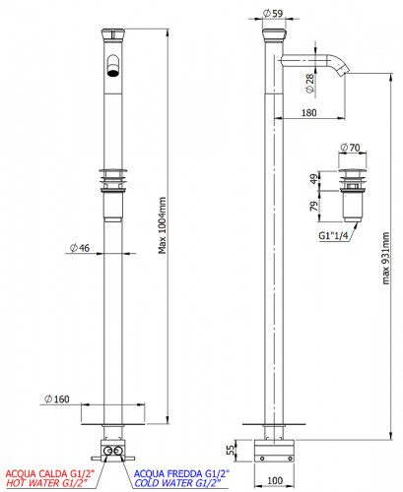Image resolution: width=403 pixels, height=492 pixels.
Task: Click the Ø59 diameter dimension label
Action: [273, 13]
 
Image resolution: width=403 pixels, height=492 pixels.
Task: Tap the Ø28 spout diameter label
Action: [309, 84]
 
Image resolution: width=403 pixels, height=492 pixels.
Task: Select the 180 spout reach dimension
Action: [308, 113]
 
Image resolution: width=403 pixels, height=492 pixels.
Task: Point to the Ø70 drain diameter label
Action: [350, 148]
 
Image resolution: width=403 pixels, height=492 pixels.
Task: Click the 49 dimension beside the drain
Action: [314, 179]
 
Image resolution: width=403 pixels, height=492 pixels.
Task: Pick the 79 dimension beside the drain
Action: [314, 206]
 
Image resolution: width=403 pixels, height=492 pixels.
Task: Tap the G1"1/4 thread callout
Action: [333, 235]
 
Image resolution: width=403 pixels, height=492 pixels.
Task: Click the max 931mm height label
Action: [386, 258]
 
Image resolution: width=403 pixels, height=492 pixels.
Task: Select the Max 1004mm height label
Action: [163, 225]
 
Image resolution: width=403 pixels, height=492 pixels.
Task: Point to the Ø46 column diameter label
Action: [80, 248]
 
